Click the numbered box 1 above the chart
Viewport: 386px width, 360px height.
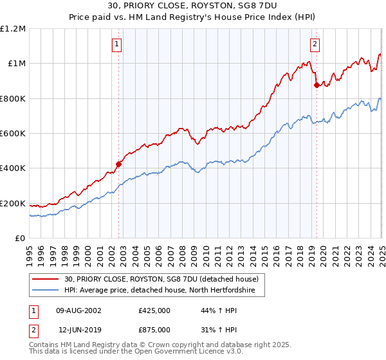click(117, 44)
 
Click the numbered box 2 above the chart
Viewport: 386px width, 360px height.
click(315, 44)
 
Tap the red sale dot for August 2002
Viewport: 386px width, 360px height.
click(119, 164)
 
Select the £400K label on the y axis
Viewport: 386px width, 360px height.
click(14, 168)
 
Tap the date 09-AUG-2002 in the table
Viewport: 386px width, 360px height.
click(78, 310)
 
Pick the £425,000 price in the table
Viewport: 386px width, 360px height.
click(154, 310)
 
